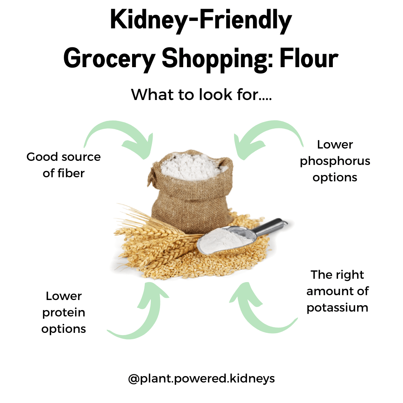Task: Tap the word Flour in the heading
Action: coord(309,58)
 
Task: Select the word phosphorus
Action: coord(335,162)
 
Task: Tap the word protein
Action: coord(63,313)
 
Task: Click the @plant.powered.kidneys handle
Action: coord(201,379)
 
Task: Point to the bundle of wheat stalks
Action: coord(154,239)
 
